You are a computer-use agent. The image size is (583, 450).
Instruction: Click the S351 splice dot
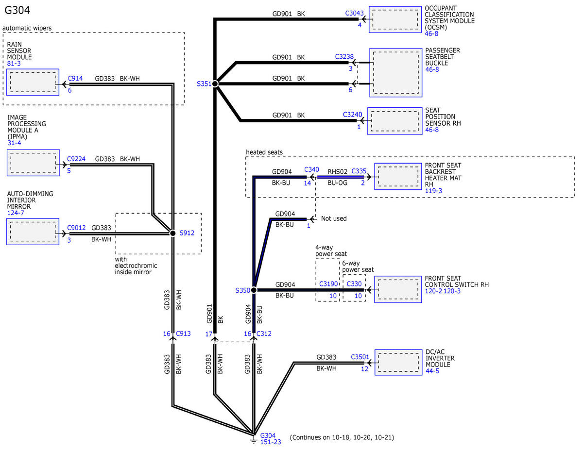(215, 84)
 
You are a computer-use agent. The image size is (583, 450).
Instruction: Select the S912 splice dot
(173, 233)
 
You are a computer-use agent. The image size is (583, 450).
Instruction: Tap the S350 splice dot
(254, 290)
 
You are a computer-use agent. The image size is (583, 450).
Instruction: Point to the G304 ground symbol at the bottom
(254, 441)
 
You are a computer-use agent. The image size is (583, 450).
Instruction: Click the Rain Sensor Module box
(33, 82)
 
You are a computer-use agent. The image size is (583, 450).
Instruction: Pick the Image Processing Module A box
(33, 163)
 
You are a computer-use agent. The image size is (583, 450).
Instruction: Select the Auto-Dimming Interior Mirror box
(33, 232)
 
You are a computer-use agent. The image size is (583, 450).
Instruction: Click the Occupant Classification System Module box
(395, 19)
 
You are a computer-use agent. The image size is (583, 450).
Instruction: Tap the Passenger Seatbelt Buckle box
(396, 73)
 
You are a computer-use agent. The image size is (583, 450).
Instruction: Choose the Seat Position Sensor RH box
(395, 121)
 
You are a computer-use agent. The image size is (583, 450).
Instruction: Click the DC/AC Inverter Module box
(398, 362)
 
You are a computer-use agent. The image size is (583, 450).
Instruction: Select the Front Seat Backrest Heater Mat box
(398, 176)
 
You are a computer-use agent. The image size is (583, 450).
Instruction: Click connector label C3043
(354, 13)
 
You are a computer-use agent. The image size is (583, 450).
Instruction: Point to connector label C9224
(76, 159)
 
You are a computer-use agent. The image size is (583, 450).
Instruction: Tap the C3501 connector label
(360, 357)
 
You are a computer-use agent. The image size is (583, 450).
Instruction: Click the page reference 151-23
(271, 442)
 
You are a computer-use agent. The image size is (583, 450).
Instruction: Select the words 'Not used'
(334, 218)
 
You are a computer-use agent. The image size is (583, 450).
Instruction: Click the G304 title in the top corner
(17, 10)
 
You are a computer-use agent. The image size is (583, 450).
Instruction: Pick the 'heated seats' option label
(264, 152)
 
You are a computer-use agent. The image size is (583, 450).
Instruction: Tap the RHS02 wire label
(338, 171)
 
